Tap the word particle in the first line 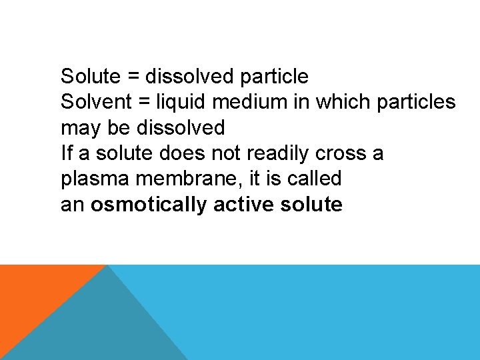275,77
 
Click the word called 314,179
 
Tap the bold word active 244,204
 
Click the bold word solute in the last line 312,204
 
